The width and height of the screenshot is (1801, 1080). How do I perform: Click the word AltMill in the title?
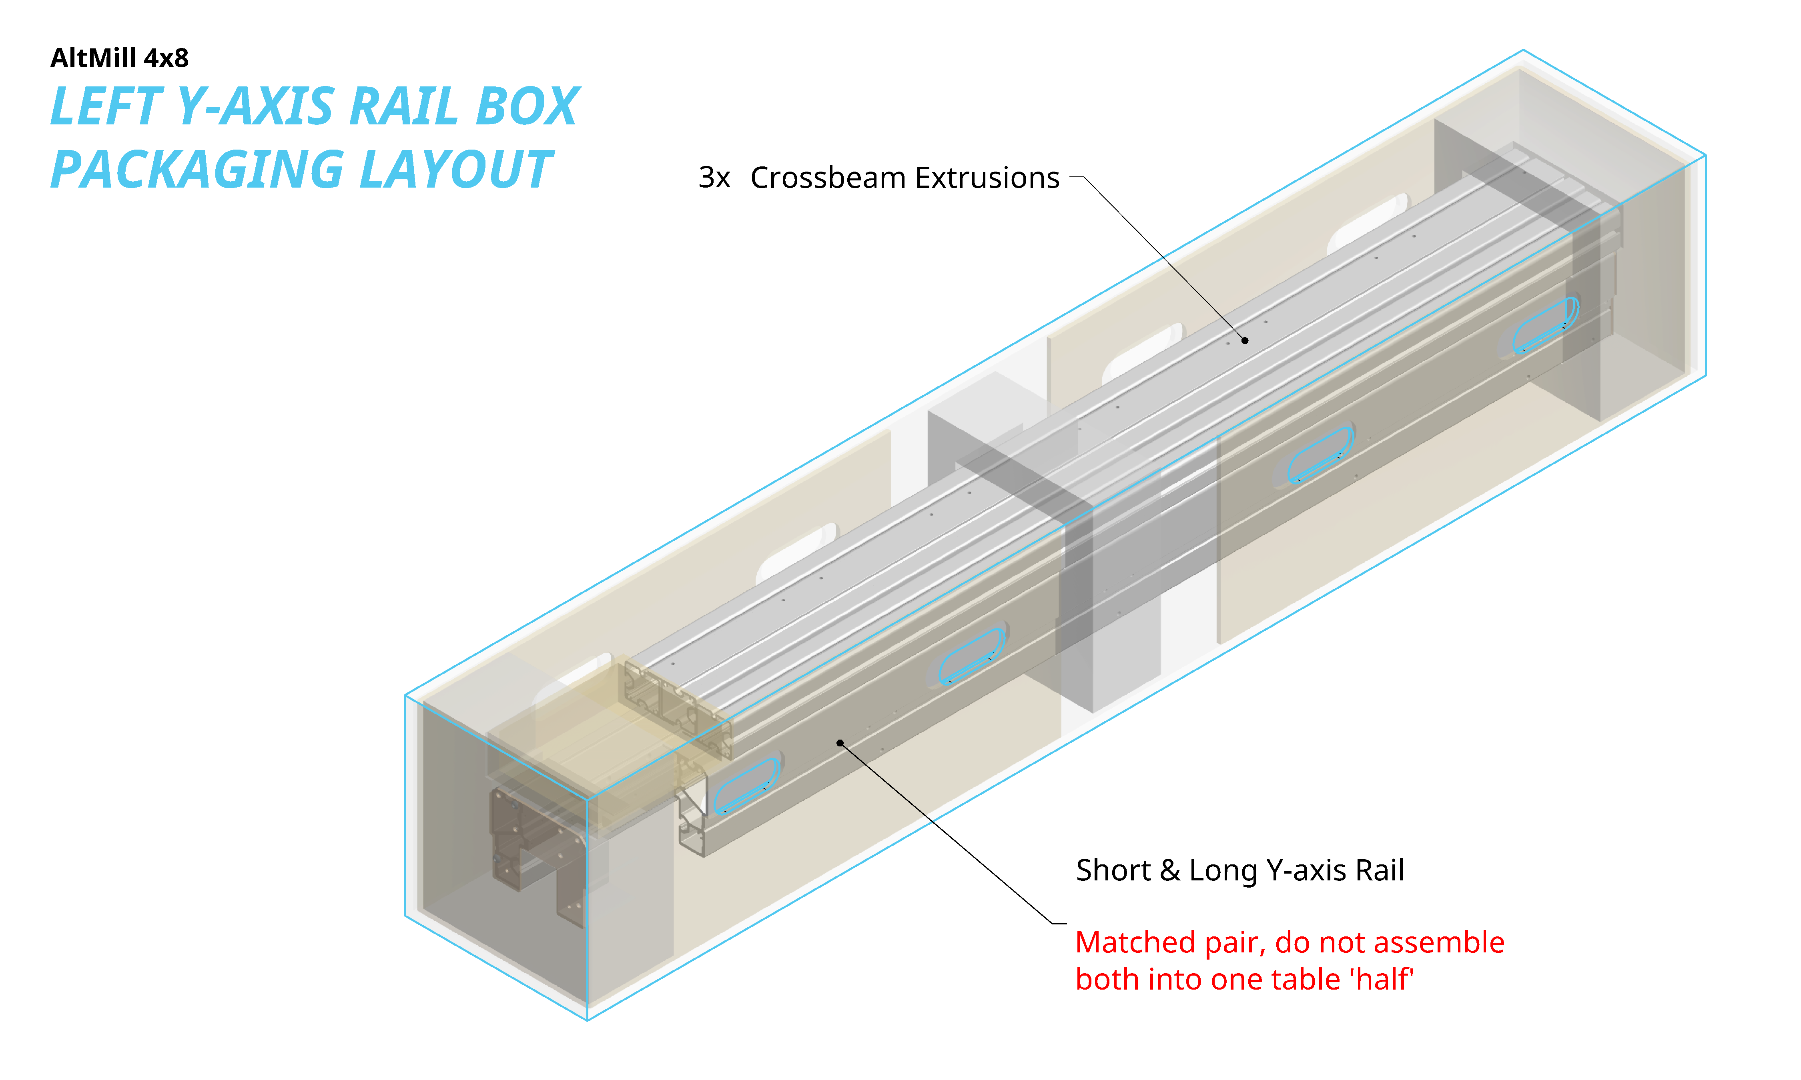tap(93, 58)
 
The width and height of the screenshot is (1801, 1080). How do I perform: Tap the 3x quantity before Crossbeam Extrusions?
tap(714, 178)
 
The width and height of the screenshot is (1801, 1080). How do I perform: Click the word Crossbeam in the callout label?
tap(827, 178)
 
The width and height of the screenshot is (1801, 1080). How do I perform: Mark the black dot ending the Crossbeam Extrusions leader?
tap(1245, 340)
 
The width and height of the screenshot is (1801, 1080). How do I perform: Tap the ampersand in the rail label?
tap(1169, 870)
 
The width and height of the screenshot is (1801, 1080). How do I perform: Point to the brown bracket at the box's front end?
tap(539, 852)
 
